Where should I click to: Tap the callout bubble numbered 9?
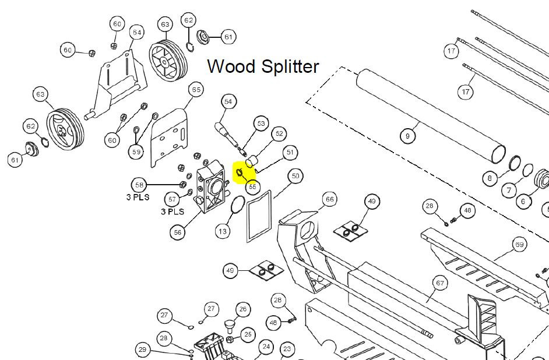408,136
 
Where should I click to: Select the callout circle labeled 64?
136,31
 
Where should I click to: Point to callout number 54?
228,102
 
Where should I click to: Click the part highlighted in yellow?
240,173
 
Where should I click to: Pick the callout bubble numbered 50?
295,175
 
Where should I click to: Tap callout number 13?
223,231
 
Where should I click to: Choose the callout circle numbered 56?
178,232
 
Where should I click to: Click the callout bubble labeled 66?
330,200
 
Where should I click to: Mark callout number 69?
519,245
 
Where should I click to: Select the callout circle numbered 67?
439,284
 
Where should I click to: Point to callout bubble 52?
279,133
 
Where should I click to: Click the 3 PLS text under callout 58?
138,197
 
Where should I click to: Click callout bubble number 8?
490,178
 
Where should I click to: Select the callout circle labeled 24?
266,347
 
